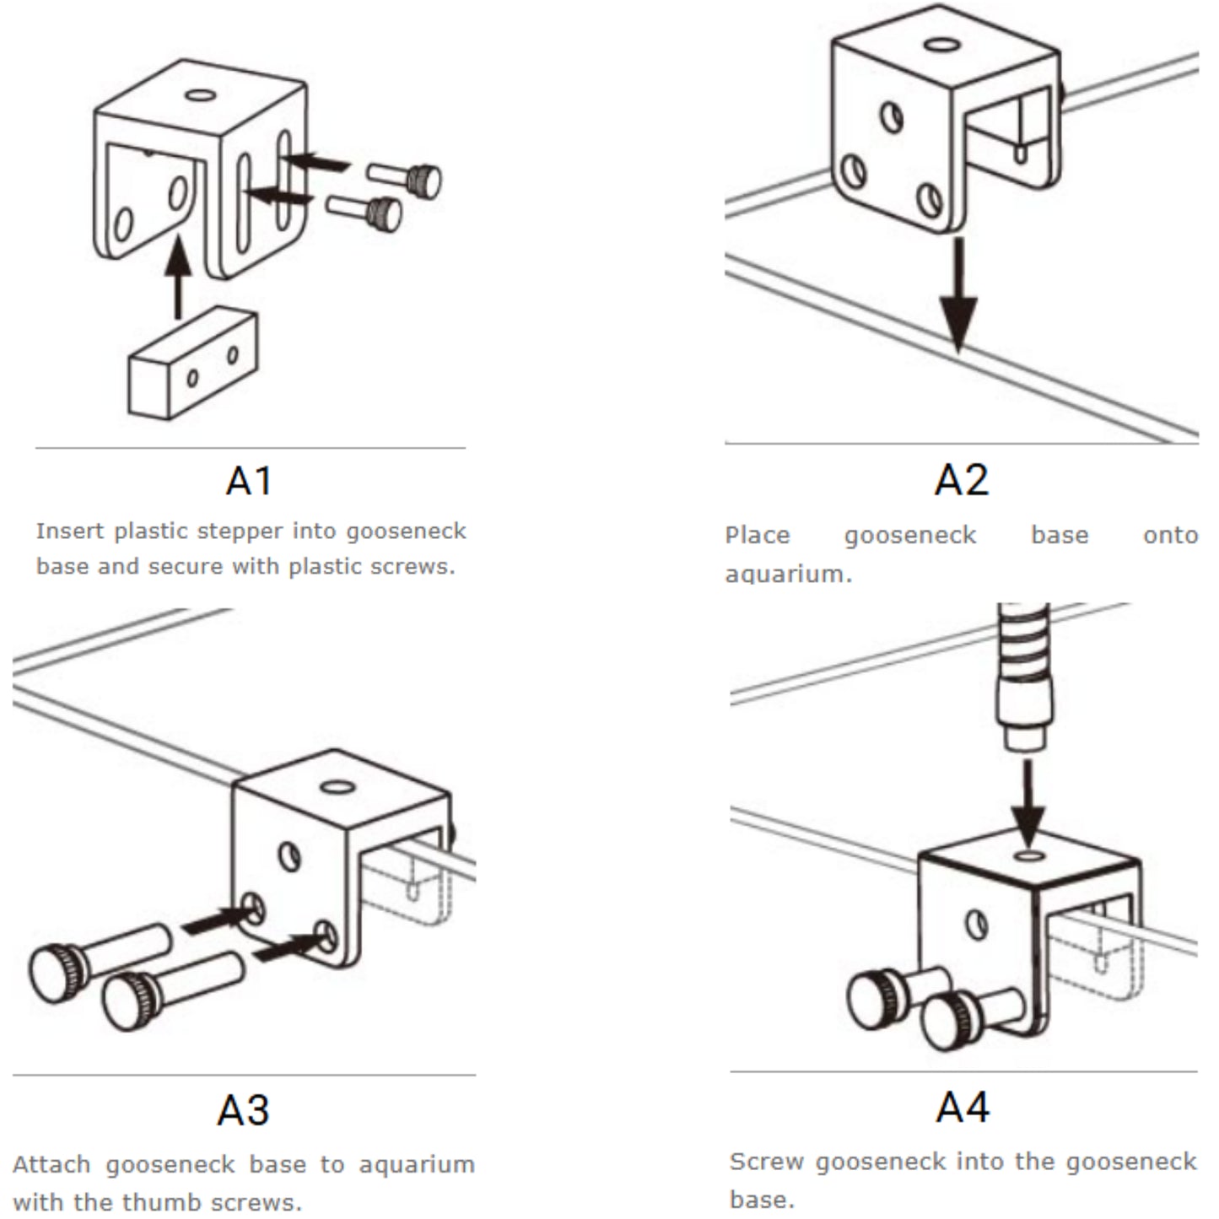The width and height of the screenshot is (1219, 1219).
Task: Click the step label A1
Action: coord(249,481)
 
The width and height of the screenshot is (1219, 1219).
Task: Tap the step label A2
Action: coord(961,479)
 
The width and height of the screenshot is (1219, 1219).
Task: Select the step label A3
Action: coord(243,1110)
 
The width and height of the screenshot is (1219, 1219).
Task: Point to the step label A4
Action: coord(962,1107)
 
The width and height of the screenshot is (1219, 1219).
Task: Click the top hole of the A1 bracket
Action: coord(200,94)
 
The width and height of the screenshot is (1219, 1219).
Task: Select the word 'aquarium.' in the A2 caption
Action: coord(788,574)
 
